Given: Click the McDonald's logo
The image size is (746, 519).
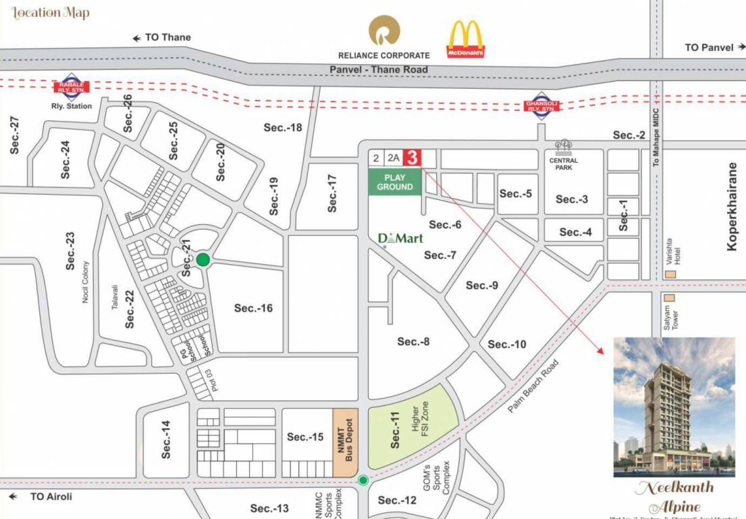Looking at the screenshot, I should click(x=465, y=39).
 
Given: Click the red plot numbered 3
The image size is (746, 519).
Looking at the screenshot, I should click(x=412, y=157).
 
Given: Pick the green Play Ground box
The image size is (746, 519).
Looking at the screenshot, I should click(x=395, y=182).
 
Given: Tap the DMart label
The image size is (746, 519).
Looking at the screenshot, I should click(x=400, y=238).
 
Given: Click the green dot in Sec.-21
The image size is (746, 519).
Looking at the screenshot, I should click(x=203, y=259).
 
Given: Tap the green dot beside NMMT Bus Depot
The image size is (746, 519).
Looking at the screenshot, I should click(x=363, y=480).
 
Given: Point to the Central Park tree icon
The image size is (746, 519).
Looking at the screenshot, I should click(x=563, y=147).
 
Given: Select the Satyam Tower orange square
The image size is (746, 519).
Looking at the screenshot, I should click(x=670, y=297).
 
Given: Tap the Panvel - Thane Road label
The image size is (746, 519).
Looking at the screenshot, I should click(x=378, y=70).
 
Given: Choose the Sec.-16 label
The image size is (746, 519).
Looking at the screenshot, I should click(x=253, y=308).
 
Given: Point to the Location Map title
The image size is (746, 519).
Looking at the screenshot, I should click(x=51, y=13).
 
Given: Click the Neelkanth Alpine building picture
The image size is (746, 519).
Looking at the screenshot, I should click(x=674, y=407).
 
